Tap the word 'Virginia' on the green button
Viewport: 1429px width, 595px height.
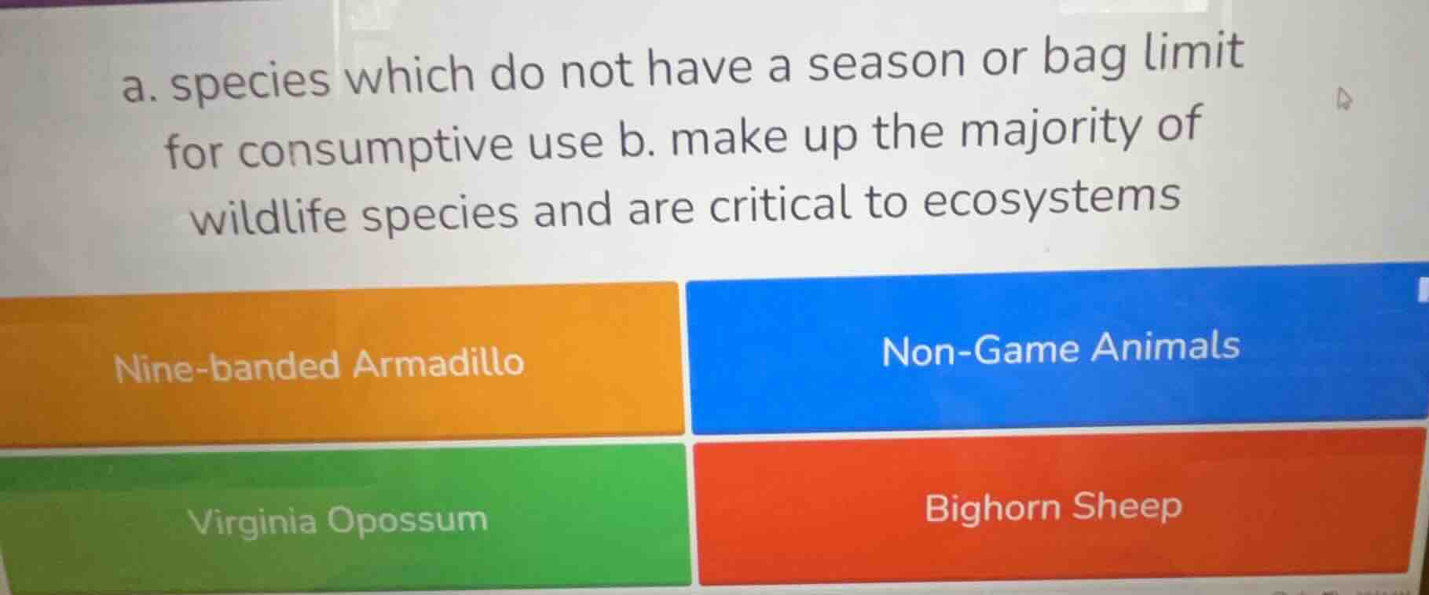click(x=252, y=521)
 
